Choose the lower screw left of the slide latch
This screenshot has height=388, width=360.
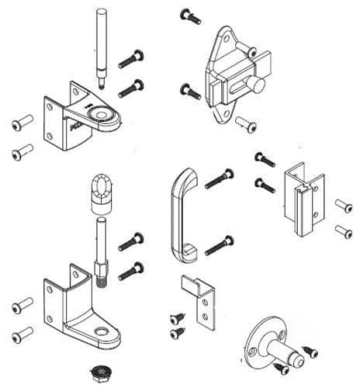[189, 90]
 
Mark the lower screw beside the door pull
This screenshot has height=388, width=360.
[220, 244]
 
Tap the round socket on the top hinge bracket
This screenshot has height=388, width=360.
[100, 115]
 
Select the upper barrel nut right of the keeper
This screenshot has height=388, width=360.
[342, 205]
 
